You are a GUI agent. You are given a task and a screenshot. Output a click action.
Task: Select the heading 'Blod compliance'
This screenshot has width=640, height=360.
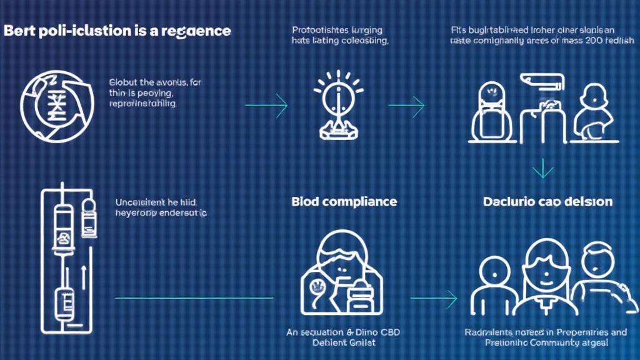(x=344, y=202)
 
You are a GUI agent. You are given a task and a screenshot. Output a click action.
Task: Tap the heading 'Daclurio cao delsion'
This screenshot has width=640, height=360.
(x=547, y=202)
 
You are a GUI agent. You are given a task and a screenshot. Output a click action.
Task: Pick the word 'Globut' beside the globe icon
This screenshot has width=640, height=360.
(x=122, y=82)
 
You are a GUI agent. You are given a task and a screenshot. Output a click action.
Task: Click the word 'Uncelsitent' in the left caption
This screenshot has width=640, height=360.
(x=141, y=202)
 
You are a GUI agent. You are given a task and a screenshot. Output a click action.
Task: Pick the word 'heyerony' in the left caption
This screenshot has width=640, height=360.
(x=134, y=212)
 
